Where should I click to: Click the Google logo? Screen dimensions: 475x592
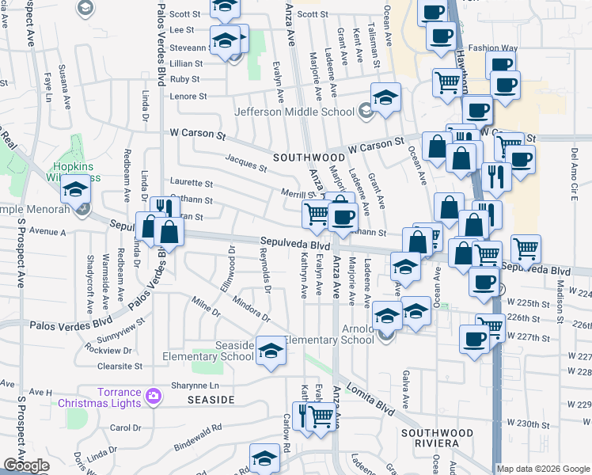[26, 465]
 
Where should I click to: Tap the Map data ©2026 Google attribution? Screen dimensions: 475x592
[542, 469]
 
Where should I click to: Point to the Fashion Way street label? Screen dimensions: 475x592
[492, 48]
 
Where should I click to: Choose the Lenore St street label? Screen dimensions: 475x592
[188, 97]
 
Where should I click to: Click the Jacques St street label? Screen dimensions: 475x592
[245, 165]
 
